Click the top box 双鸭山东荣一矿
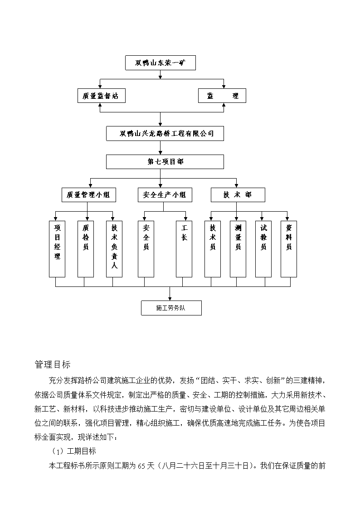point(161,63)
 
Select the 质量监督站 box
point(101,96)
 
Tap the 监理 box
point(222,96)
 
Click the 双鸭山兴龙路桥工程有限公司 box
point(165,133)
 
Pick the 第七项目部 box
point(165,162)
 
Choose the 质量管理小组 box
point(88,195)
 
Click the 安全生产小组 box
point(165,195)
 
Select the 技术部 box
point(238,195)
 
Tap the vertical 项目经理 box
point(57,249)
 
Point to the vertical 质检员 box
point(86,249)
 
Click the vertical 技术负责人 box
point(114,249)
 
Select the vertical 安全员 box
point(146,249)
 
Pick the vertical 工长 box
point(184,249)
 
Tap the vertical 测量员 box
point(238,249)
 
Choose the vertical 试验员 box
point(263,249)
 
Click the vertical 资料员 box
point(288,249)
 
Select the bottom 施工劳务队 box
point(171,308)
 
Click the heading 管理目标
point(53,364)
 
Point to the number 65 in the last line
point(141,466)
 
